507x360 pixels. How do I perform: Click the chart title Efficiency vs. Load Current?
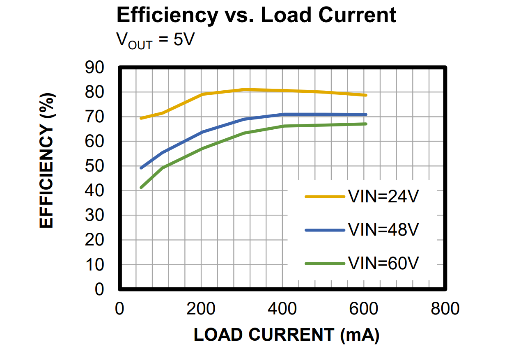pos(256,15)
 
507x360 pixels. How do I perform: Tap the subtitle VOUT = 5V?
pos(155,41)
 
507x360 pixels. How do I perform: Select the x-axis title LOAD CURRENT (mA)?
pos(286,335)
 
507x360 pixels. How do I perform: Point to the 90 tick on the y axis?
pos(95,68)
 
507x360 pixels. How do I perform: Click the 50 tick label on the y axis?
pos(95,166)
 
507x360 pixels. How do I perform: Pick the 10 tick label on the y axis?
pos(95,265)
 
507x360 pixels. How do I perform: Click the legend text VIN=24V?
pos(383,197)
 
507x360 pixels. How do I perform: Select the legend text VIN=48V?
pos(383,230)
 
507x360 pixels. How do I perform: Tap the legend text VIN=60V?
pos(383,263)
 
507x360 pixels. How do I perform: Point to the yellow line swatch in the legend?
pos(325,197)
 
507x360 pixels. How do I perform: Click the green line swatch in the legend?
pos(325,263)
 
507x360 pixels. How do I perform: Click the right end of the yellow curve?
pos(365,95)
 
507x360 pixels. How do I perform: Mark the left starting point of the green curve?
pos(141,188)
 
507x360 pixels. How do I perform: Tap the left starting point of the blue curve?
pos(141,168)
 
